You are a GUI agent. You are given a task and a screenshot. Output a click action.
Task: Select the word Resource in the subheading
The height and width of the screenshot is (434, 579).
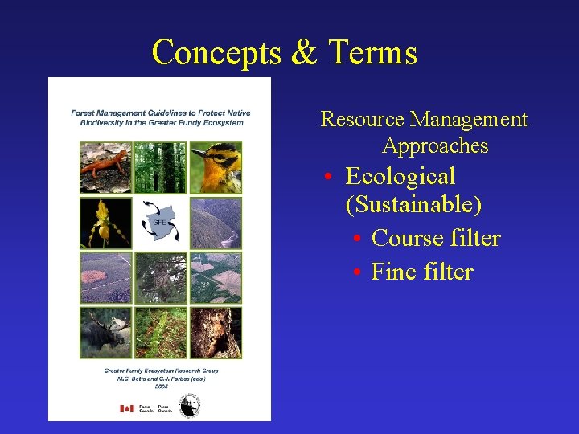[x=363, y=120]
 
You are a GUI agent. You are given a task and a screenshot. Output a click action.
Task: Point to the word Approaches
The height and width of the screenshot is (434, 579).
[x=435, y=145]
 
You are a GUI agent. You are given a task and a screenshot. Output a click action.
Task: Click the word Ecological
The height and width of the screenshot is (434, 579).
[x=400, y=176]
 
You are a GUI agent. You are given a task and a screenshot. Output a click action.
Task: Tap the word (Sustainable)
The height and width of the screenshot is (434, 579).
[x=413, y=204]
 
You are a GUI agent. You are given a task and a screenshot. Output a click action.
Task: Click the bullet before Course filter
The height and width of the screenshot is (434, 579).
[x=357, y=240]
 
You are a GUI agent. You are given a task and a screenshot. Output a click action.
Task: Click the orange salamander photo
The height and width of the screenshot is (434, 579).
[x=105, y=167]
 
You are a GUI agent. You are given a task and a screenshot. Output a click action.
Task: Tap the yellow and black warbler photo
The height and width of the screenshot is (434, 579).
[x=216, y=167]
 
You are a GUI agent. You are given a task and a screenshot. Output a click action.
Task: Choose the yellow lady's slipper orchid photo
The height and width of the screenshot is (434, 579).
[x=105, y=223]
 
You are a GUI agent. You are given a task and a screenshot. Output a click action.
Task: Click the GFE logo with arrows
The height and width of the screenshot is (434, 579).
[x=160, y=223]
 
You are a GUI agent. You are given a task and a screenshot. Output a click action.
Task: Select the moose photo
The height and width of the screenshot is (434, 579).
[x=105, y=332]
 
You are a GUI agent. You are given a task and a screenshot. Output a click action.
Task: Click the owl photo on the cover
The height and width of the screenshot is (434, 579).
[x=216, y=332]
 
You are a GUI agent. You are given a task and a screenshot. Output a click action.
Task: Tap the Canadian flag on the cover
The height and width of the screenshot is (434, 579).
[x=127, y=408]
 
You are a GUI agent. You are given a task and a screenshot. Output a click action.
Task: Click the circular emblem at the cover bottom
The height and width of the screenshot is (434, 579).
[x=190, y=406]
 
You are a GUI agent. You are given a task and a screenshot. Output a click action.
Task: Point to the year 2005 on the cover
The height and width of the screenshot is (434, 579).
[x=160, y=386]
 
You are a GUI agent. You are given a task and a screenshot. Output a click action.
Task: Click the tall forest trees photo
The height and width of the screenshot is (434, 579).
[x=160, y=167]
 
